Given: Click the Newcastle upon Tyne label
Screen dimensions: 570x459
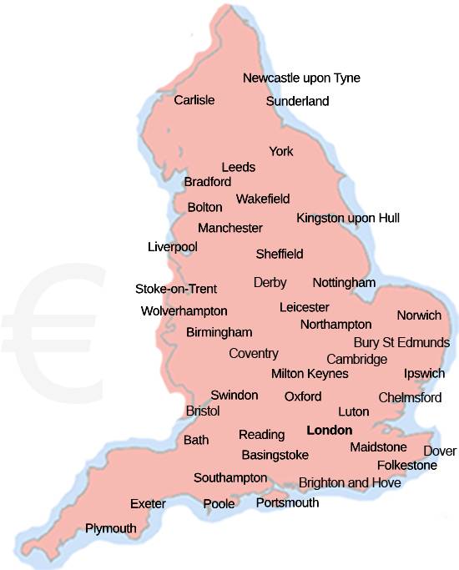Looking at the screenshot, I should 301,78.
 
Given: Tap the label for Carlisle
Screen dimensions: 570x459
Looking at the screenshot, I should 194,100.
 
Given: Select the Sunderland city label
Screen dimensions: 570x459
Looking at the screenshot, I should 297,102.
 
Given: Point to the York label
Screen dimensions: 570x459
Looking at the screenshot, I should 281,151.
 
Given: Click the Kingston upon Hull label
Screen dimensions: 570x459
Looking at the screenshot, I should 348,218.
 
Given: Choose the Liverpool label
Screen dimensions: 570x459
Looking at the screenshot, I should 172,247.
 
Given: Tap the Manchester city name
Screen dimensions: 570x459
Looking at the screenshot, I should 230,228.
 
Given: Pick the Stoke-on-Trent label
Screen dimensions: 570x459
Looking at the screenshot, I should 176,289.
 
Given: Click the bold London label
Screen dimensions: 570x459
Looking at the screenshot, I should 330,431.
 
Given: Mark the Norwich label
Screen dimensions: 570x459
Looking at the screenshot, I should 419,315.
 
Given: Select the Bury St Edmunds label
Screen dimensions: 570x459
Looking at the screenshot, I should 401,342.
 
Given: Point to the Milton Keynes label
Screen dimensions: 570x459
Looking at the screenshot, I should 310,374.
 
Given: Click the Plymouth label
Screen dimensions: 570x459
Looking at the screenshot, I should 111,528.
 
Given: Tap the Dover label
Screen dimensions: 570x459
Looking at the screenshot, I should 440,451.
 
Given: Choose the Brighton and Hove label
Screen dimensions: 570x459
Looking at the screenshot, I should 350,482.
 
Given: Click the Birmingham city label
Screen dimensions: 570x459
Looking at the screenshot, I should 219,332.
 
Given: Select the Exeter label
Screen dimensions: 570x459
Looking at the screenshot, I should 148,504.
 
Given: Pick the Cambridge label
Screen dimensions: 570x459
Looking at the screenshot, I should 357,359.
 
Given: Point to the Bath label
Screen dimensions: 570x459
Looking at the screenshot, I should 196,440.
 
